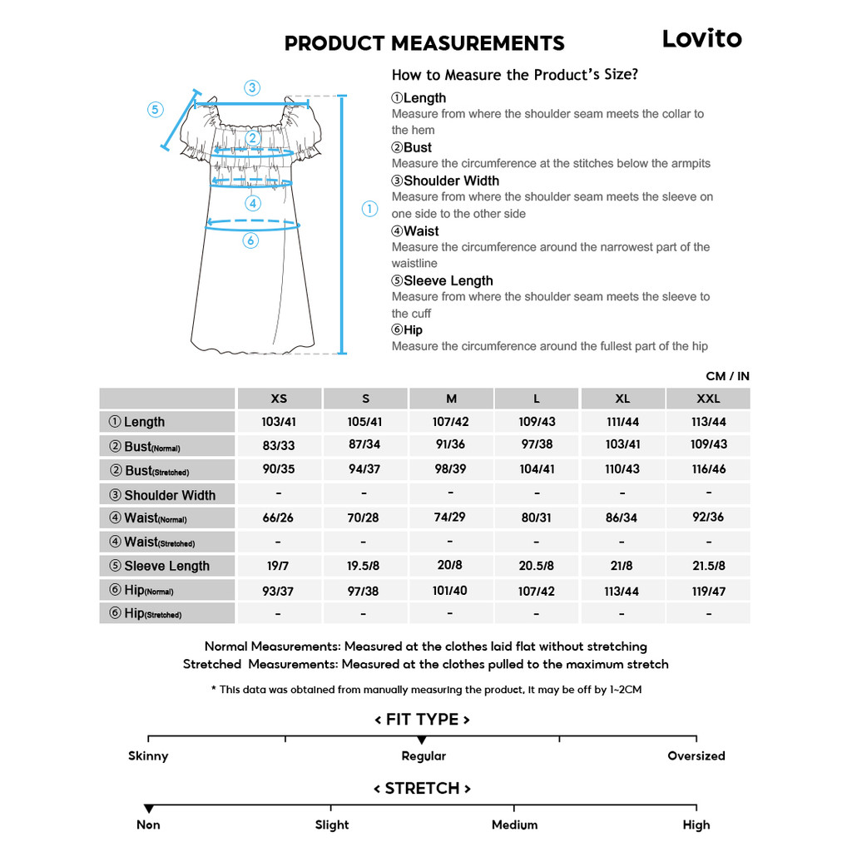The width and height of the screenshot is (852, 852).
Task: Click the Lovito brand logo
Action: tap(701, 38)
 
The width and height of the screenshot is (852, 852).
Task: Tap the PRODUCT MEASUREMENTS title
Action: tap(424, 43)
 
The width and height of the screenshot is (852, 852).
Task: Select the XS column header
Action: tap(279, 399)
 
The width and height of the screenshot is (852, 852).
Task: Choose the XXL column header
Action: tap(708, 399)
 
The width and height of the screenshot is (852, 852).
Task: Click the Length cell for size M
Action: tap(450, 422)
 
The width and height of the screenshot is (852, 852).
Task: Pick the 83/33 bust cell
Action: tap(279, 445)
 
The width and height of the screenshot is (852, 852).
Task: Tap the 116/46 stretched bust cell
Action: tap(708, 469)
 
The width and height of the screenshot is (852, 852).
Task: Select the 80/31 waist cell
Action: tap(537, 518)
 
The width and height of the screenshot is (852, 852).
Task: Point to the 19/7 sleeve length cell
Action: tap(278, 566)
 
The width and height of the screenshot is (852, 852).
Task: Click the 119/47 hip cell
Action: tap(708, 591)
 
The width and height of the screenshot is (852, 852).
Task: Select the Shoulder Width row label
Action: tap(169, 495)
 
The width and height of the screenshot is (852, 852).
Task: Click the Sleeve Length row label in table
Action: tap(166, 566)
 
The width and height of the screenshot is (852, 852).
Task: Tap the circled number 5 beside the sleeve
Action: tap(156, 110)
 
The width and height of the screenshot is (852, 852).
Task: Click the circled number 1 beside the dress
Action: tap(370, 209)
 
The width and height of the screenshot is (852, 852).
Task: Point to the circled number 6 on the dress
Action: tap(251, 240)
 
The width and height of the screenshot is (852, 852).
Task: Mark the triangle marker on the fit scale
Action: tap(422, 740)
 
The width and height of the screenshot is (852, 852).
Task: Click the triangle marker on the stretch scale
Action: tap(148, 809)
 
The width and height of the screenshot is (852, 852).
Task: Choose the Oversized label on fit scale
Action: tap(696, 756)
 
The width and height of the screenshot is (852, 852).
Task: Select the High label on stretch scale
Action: tap(696, 825)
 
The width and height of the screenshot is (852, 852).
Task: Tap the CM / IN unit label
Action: tap(727, 376)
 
